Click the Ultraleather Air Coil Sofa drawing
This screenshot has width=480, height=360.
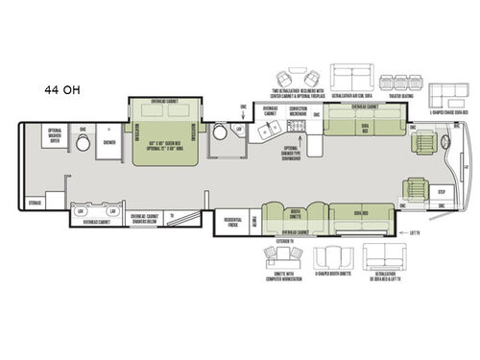tap(349, 76)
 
